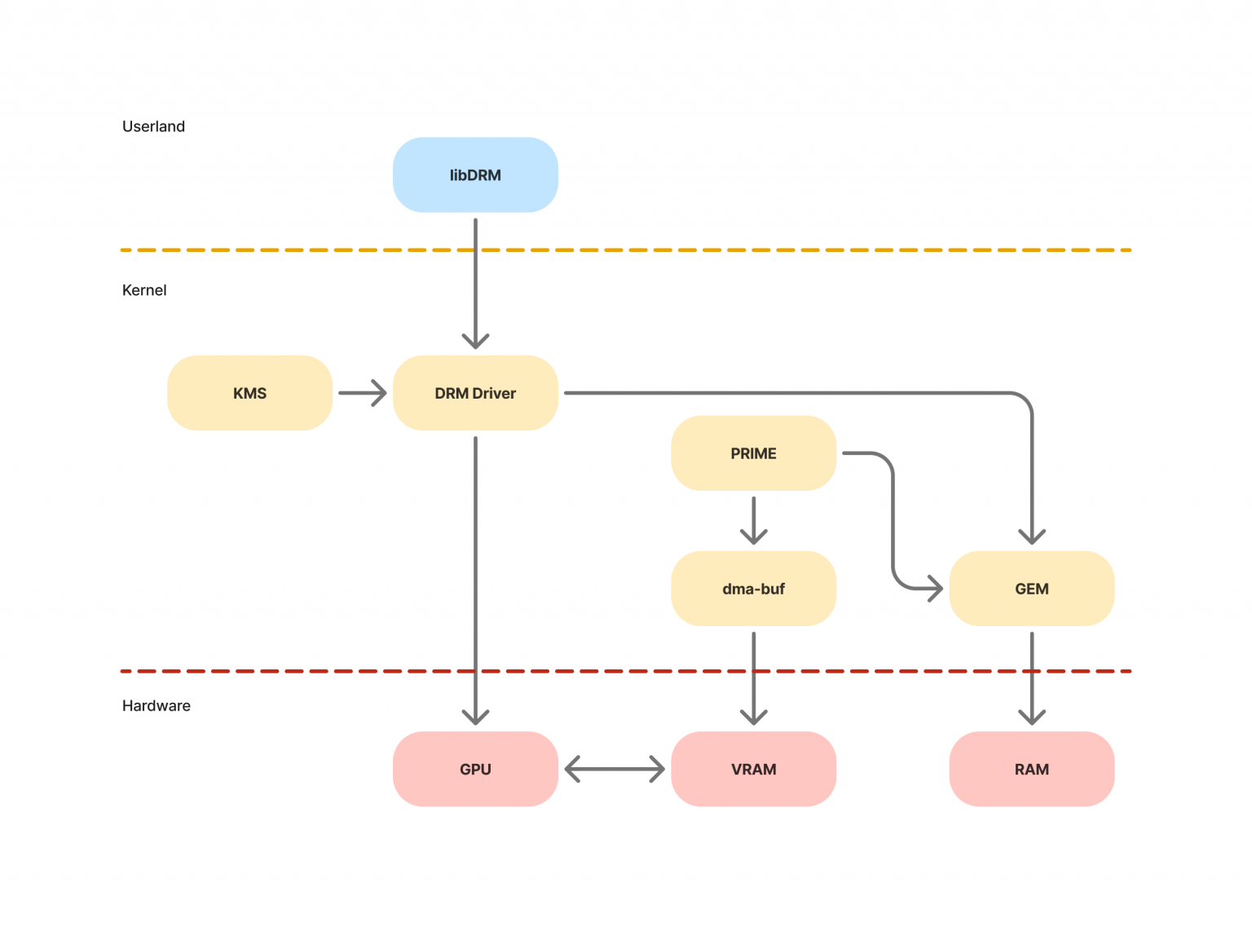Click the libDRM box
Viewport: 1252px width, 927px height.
pyautogui.click(x=475, y=175)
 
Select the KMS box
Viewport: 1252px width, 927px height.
pyautogui.click(x=249, y=393)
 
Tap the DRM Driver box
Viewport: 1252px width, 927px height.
pyautogui.click(x=475, y=393)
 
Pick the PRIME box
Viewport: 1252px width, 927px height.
pyautogui.click(x=753, y=453)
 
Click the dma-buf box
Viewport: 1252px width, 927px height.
pyautogui.click(x=753, y=589)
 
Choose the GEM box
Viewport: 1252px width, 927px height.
pyautogui.click(x=1031, y=589)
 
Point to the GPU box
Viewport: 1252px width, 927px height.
pyautogui.click(x=475, y=769)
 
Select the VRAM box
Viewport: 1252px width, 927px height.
pyautogui.click(x=753, y=769)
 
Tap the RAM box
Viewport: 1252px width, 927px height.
pyautogui.click(x=1031, y=769)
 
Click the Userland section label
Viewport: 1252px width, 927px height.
pyautogui.click(x=153, y=126)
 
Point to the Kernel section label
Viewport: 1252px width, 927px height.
pyautogui.click(x=144, y=290)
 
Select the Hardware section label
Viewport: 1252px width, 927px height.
pyautogui.click(x=156, y=706)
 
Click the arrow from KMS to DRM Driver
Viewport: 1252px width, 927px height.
pyautogui.click(x=362, y=393)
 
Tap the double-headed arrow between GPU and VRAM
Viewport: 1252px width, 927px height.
pyautogui.click(x=615, y=769)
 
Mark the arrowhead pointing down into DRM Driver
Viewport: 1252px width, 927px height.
pyautogui.click(x=475, y=341)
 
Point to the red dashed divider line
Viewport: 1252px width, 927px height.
pyautogui.click(x=326, y=671)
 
